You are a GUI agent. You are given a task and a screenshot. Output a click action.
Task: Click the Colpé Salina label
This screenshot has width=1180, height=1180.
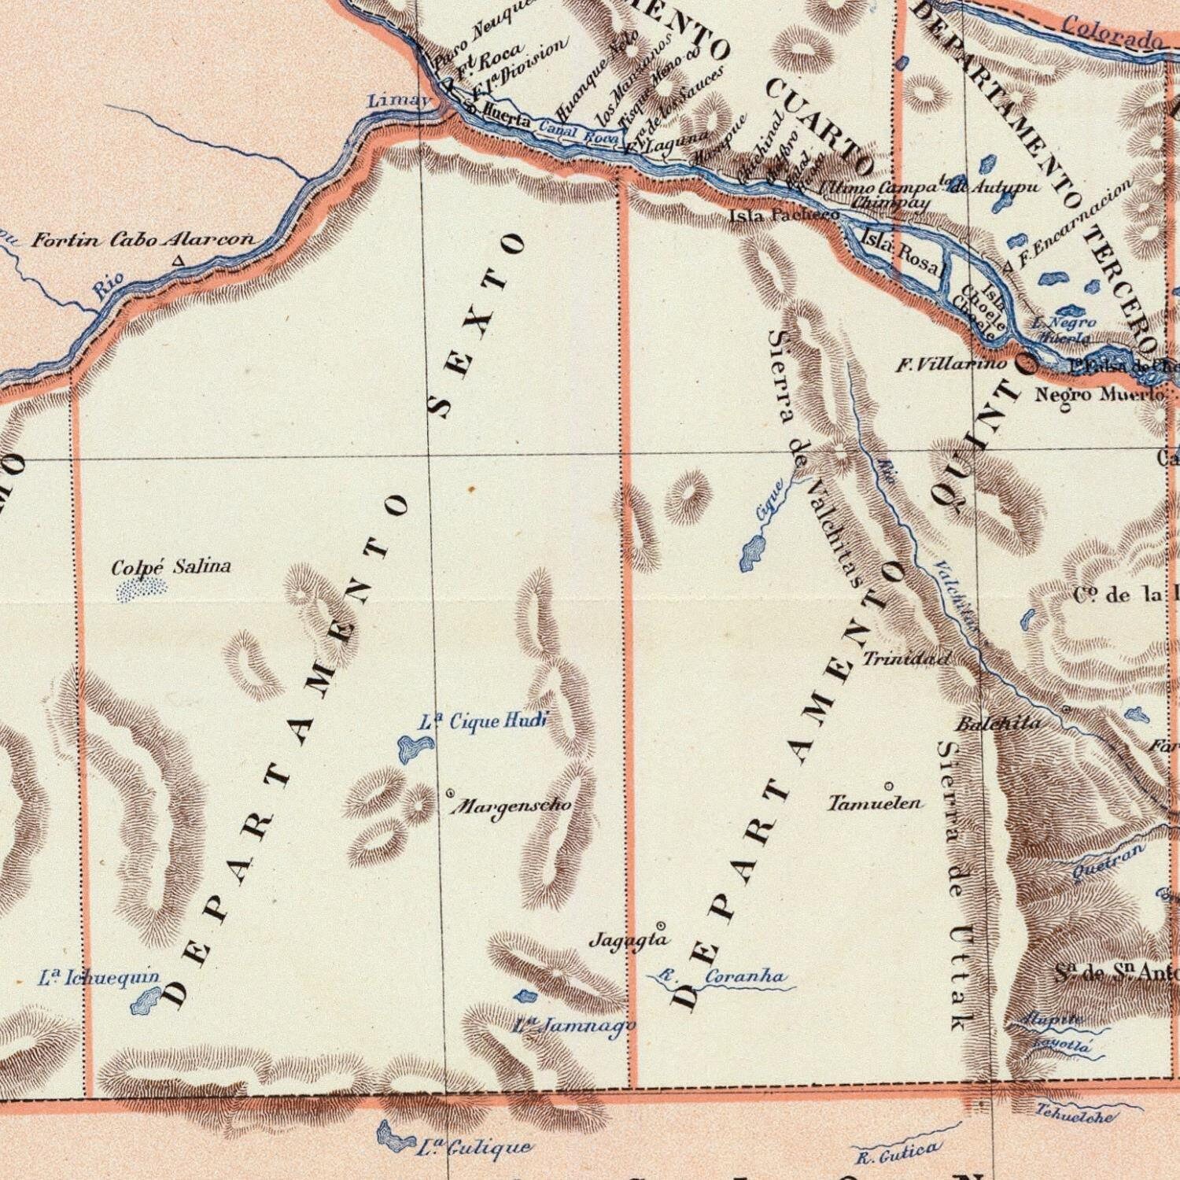click(x=171, y=566)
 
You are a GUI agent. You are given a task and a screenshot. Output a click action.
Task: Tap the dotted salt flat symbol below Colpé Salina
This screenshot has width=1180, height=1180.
click(x=142, y=590)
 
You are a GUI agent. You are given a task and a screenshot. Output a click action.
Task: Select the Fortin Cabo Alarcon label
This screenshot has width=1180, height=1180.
click(x=144, y=241)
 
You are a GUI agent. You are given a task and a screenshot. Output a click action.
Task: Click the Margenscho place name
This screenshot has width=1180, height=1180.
click(x=515, y=806)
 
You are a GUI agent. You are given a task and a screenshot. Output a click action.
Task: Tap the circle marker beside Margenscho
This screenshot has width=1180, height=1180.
click(x=450, y=794)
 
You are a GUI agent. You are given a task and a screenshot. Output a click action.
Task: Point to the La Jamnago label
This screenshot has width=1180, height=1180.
click(x=573, y=1025)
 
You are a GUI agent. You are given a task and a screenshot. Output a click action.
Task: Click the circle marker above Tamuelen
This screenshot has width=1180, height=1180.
click(x=888, y=786)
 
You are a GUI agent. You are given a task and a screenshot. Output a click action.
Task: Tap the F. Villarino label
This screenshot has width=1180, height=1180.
click(x=951, y=365)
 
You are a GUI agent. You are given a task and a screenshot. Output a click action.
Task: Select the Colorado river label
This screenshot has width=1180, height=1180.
click(x=1112, y=32)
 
